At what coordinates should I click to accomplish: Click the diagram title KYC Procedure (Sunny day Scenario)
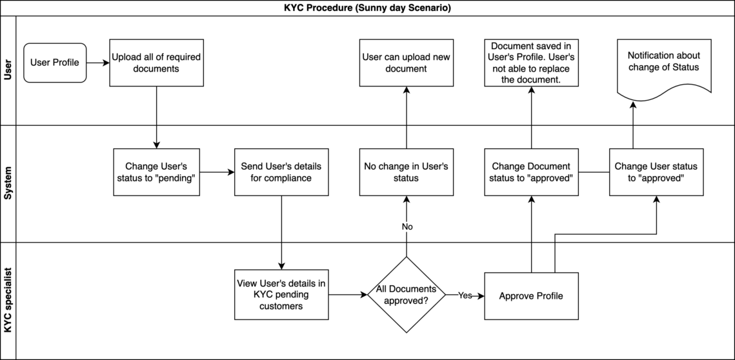click(367, 8)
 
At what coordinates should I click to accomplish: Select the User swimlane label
click(8, 70)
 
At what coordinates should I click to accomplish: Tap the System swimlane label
click(8, 184)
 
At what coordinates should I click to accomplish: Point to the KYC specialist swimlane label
click(8, 301)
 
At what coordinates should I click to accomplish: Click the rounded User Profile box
click(55, 63)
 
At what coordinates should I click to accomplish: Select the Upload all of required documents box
click(156, 63)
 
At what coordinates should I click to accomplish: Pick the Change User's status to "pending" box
click(156, 172)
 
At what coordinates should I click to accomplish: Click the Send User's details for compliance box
click(281, 172)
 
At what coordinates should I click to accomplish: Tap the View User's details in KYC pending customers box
click(281, 295)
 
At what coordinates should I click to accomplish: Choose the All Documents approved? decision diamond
click(406, 295)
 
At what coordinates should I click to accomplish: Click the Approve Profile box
click(531, 295)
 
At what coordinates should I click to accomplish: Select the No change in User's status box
click(406, 172)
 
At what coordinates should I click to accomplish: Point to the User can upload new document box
click(406, 63)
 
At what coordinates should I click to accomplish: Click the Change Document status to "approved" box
click(531, 172)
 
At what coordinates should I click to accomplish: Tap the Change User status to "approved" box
click(656, 172)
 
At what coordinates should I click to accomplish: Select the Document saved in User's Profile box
click(531, 63)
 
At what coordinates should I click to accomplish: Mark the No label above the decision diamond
click(407, 227)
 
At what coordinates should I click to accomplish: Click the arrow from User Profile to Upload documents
click(97, 63)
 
